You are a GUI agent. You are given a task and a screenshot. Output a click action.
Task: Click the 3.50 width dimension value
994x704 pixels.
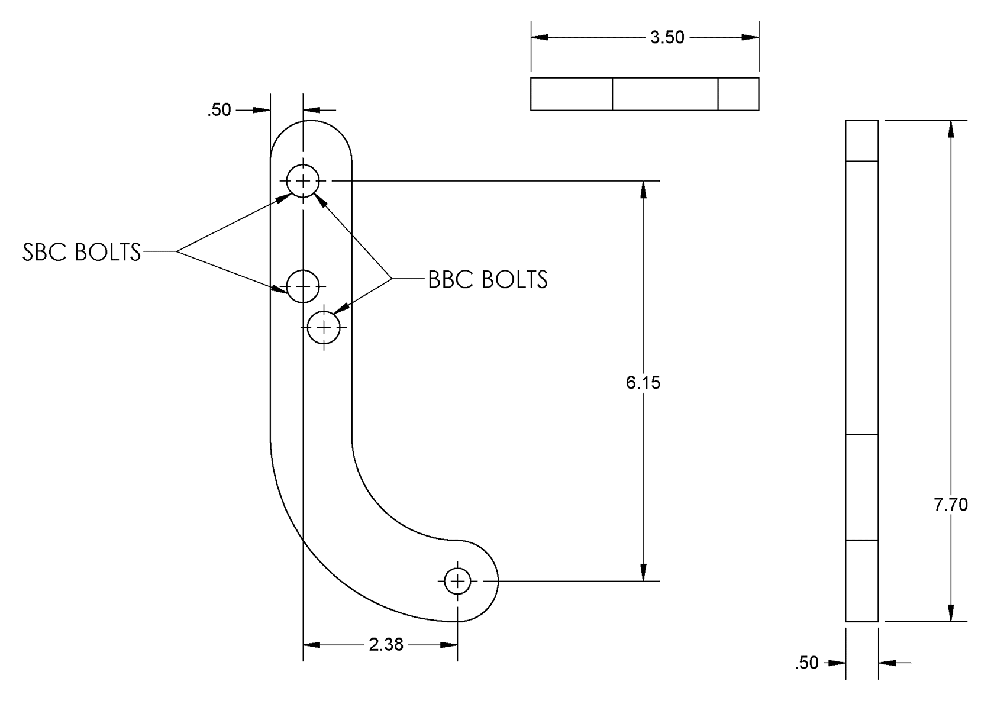point(667,37)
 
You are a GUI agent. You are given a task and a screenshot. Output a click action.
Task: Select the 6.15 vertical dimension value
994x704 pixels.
point(643,383)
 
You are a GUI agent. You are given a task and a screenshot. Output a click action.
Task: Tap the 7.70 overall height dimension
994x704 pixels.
point(950,505)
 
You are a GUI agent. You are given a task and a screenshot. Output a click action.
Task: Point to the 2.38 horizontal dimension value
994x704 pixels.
point(386,644)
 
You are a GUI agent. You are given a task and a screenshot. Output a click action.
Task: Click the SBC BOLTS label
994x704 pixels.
point(82,252)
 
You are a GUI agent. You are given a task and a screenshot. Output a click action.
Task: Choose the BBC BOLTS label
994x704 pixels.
point(488,279)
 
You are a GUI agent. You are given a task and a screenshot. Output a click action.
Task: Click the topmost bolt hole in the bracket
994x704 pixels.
point(303,180)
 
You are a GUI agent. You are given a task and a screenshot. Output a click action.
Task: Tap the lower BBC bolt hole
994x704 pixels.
point(324,327)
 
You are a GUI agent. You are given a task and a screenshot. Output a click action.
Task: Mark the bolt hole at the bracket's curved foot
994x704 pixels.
point(457,581)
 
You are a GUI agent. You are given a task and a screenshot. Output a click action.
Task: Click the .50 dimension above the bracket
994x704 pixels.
point(219,110)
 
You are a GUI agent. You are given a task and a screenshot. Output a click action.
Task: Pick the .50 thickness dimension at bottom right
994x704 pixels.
point(807,663)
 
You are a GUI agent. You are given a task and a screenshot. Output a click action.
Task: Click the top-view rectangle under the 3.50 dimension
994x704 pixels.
point(644,94)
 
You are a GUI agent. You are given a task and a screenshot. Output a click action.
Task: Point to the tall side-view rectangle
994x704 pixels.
point(861,371)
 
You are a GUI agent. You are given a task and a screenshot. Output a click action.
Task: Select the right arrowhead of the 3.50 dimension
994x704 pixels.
point(750,37)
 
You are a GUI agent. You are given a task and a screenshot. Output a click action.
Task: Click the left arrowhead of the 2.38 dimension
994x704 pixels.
point(312,644)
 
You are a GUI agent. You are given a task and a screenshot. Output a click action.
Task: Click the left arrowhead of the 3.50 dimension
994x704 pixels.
point(540,37)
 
